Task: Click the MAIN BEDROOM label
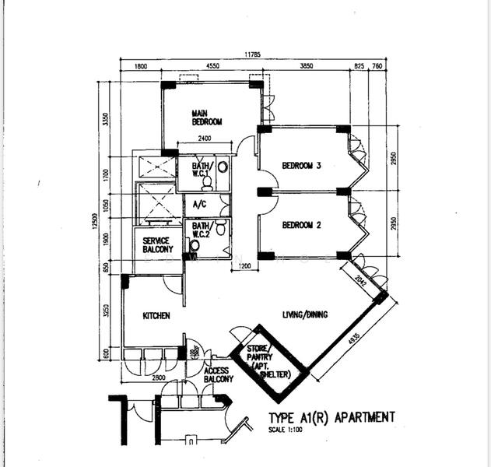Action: click(207, 118)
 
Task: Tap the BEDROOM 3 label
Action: click(302, 166)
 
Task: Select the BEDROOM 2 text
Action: click(302, 226)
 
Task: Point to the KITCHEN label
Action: click(156, 316)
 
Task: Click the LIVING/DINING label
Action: click(304, 314)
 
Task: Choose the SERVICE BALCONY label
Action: click(157, 245)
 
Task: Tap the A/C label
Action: click(198, 205)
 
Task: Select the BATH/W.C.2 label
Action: click(199, 231)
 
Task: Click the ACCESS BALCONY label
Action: click(218, 375)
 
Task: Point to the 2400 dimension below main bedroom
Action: click(204, 139)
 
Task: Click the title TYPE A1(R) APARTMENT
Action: click(331, 418)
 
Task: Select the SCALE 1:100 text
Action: click(287, 430)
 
